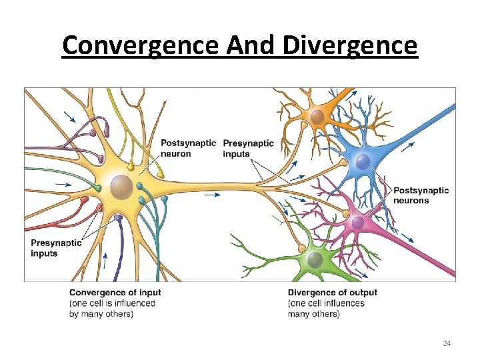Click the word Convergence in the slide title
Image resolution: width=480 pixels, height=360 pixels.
[x=139, y=46]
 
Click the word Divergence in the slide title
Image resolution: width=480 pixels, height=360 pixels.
[x=349, y=46]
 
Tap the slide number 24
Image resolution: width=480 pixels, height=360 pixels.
[x=447, y=343]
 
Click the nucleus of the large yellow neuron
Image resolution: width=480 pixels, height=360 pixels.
[x=121, y=187]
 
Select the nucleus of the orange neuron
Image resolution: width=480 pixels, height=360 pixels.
[x=317, y=117]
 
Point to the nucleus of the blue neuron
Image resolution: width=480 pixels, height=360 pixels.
[x=362, y=161]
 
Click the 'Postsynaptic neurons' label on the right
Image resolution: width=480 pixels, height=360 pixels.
[x=421, y=195]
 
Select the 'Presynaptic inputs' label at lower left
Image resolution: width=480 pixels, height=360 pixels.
[x=56, y=248]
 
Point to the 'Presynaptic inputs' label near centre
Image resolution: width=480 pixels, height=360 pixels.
[x=248, y=148]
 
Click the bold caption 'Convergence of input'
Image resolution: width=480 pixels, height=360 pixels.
[x=115, y=293]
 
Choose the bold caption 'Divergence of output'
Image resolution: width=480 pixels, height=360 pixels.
[x=332, y=293]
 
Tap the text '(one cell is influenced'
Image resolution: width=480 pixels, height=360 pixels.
[x=112, y=303]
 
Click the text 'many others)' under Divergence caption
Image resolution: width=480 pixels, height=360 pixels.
[x=313, y=314]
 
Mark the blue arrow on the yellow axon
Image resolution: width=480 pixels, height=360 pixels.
[x=212, y=195]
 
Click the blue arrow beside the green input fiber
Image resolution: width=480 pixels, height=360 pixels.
[x=63, y=183]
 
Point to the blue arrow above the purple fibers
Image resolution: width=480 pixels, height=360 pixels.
[x=69, y=117]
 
